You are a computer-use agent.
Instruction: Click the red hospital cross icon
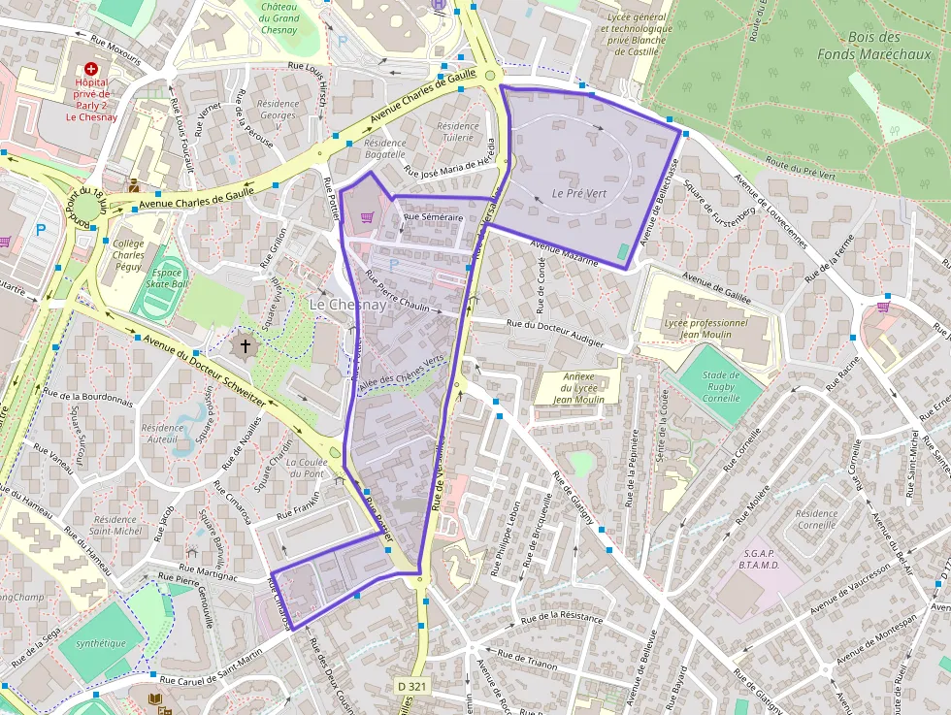pos(91,70)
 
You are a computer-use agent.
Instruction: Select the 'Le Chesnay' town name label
pos(347,305)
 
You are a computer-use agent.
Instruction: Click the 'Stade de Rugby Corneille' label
pos(721,386)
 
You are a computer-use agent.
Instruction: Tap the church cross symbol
pos(245,345)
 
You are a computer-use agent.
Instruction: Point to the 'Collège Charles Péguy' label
pos(129,255)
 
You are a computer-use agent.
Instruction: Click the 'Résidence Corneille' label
pos(815,520)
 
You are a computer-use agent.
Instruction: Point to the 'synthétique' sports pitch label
pos(101,642)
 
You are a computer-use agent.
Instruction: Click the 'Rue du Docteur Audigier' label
pos(554,333)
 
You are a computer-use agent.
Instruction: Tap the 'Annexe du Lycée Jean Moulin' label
pos(578,387)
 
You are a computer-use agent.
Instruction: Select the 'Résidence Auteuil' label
pos(161,434)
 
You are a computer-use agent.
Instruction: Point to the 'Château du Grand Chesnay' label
pos(279,17)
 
